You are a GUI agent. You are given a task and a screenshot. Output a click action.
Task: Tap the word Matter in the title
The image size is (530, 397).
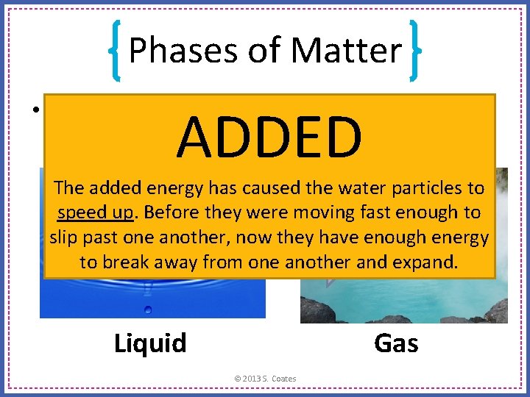pos(346,51)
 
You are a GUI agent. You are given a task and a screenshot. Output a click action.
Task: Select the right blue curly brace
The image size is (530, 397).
pos(414,50)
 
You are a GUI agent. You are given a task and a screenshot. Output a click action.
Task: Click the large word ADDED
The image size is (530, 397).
pos(269,137)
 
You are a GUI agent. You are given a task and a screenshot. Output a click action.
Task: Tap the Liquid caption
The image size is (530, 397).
pos(150,343)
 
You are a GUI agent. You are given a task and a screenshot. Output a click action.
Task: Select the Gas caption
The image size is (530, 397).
pos(396,343)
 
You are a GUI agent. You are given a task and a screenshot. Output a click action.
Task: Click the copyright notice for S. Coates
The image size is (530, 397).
pos(265,379)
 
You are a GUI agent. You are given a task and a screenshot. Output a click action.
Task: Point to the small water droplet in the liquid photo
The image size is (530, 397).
pos(148,309)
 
